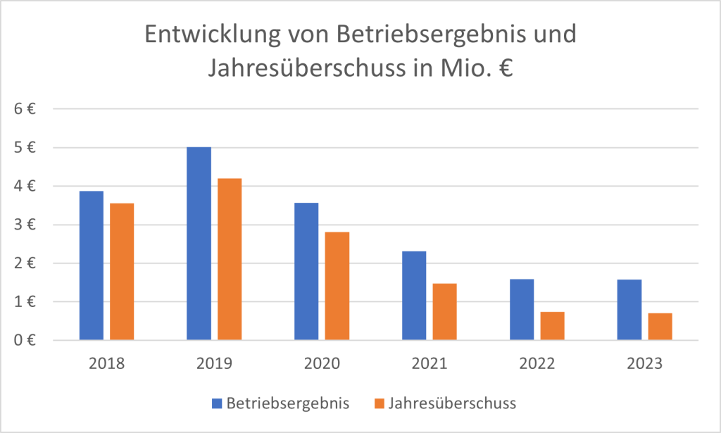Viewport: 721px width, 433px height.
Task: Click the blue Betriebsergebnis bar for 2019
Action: pos(199,244)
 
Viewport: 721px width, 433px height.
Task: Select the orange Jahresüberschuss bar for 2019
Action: pos(230,259)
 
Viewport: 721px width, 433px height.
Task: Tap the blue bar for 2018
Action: pos(92,265)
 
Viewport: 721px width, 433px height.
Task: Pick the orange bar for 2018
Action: pos(122,272)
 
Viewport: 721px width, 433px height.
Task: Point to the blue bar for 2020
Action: pos(306,272)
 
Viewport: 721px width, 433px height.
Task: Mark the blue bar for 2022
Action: pos(522,310)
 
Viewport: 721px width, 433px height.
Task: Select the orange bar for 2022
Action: pos(552,326)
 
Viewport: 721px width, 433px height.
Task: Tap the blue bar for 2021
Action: pos(414,296)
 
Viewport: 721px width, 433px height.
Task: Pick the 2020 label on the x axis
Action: pos(322,364)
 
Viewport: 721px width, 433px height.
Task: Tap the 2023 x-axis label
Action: pos(644,364)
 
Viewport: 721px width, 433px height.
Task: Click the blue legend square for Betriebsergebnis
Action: pos(218,403)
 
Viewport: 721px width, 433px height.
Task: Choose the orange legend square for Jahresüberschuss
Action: pos(380,403)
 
